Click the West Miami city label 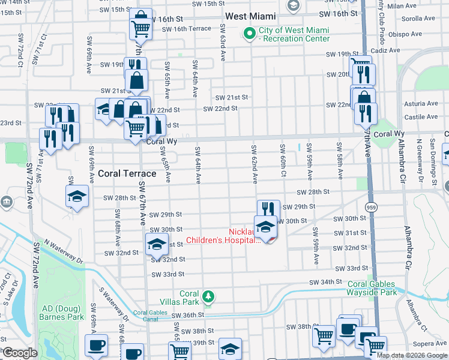click(250, 16)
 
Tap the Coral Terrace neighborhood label click(127, 173)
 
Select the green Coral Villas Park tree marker click(208, 296)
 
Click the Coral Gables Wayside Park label click(372, 289)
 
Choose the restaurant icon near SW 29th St click(268, 209)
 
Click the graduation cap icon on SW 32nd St click(157, 244)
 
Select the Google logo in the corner click(19, 353)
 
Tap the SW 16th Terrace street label click(186, 28)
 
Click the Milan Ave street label click(418, 5)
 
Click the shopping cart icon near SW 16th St click(141, 28)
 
